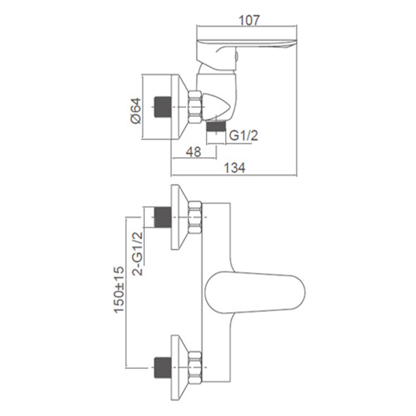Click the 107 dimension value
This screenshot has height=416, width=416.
point(249,20)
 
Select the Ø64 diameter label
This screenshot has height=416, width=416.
point(136,111)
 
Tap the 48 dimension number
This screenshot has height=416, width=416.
point(193,152)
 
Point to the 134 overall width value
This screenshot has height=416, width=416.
point(235,168)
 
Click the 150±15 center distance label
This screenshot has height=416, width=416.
point(119,290)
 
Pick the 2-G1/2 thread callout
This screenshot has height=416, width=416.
point(137,254)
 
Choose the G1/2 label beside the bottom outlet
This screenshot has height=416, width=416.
point(243,136)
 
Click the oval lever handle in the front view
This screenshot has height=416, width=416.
point(255,291)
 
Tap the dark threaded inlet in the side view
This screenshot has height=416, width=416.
point(162,107)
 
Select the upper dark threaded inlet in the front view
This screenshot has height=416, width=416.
point(162,217)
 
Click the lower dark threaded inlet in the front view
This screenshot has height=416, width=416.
point(162,368)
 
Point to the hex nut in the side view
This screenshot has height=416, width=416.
point(195,107)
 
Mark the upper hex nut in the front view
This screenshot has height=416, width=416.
point(195,217)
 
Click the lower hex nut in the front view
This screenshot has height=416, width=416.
point(195,368)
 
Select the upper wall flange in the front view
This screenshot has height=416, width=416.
point(180,217)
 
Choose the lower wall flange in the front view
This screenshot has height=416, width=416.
point(180,368)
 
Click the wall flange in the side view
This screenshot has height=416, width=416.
point(180,107)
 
